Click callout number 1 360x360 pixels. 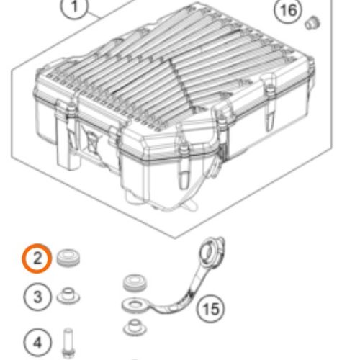pos(74,7)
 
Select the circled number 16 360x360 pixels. pos(288,10)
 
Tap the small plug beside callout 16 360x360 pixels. pos(312,22)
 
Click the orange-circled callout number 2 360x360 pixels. pos(37,258)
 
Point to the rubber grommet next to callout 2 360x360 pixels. pos(68,258)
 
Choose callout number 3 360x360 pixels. pos(37,297)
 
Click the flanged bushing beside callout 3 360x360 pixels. pos(68,296)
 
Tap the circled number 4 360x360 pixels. pos(37,343)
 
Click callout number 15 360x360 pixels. pos(211,308)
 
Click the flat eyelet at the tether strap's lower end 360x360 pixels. pos(135,305)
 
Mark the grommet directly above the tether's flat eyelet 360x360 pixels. pos(135,283)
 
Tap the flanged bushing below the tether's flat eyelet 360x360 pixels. pos(135,328)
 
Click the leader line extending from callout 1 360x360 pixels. pos(94,15)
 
